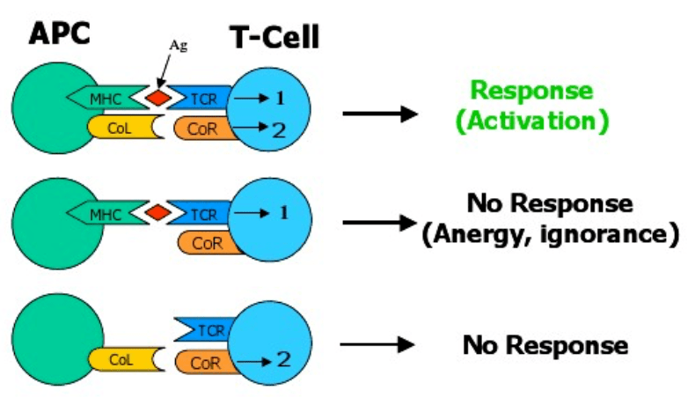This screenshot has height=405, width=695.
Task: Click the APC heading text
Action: pyautogui.click(x=60, y=35)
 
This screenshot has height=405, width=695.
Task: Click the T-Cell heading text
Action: pyautogui.click(x=274, y=37)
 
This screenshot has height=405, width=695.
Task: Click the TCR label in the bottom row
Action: pyautogui.click(x=212, y=330)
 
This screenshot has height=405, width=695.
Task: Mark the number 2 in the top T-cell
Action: pyautogui.click(x=279, y=131)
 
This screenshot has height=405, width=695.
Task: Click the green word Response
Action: pyautogui.click(x=531, y=91)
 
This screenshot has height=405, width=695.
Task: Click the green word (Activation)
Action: pyautogui.click(x=531, y=121)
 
